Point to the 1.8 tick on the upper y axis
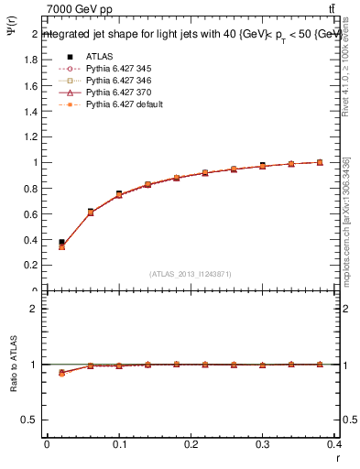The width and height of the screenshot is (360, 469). tap(32, 60)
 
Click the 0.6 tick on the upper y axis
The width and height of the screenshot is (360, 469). tap(32, 213)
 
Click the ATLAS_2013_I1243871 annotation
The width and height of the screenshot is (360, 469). tap(191, 274)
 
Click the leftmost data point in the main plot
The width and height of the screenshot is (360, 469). tap(61, 243)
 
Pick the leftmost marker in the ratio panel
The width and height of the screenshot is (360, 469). tap(61, 373)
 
